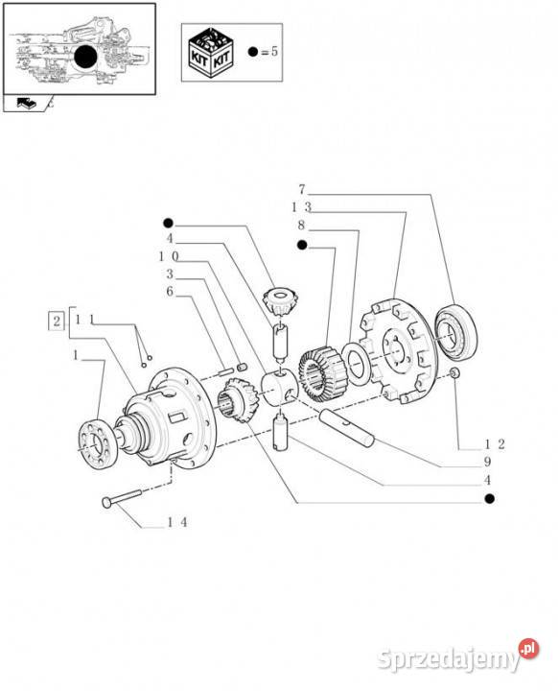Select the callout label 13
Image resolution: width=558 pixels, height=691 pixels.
pos(301,206)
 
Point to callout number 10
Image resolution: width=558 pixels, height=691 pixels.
pos(168,256)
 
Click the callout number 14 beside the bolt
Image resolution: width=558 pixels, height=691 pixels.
pos(175,522)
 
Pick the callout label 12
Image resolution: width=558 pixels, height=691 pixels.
pos(494,443)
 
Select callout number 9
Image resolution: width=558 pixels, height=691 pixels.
pos(488,462)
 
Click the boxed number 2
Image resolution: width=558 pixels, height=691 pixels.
pos(58,320)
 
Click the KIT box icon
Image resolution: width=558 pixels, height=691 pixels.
pos(210,51)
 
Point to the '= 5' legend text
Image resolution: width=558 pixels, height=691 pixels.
pos(267,52)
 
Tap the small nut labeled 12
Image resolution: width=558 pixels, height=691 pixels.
pos(453,372)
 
